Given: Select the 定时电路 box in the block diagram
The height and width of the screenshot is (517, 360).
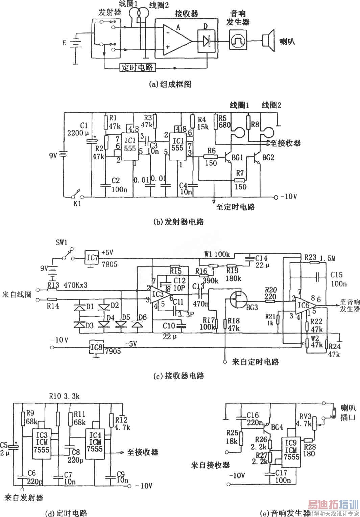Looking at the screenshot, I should (137, 67).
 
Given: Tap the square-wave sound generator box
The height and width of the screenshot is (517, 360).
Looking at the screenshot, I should (238, 40).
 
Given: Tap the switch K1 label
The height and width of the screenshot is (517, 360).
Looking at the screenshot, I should (77, 204).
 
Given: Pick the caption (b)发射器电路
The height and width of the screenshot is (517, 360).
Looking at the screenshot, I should (179, 222).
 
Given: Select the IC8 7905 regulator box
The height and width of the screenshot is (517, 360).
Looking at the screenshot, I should (97, 347).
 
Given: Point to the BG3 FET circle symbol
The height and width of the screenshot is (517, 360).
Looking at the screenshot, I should (238, 298).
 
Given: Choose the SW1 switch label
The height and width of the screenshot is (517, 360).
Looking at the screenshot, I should (62, 243).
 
